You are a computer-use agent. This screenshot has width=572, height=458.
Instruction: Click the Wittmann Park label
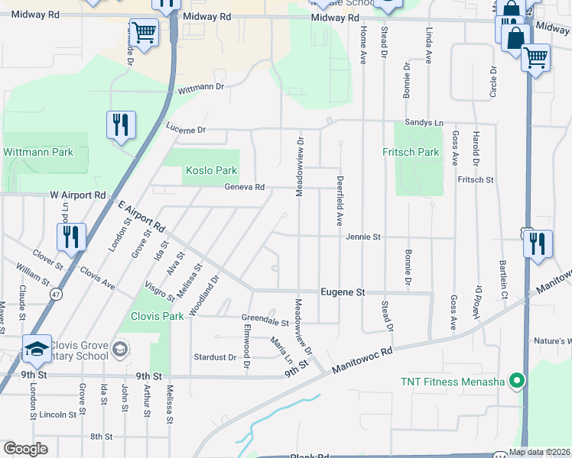pos(38,152)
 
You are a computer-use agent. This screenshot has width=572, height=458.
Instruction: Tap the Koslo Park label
pos(210,171)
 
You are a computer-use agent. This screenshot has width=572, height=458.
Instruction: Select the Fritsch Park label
pos(411,152)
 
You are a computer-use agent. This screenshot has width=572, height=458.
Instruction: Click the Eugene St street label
pos(343,292)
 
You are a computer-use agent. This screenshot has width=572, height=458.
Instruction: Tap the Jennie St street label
pos(362,237)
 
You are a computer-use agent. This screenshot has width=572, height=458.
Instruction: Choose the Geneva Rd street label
pos(244,187)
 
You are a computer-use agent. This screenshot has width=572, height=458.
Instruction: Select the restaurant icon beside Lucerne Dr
pos(121,125)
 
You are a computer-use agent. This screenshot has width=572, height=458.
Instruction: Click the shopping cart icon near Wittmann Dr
pos(143,33)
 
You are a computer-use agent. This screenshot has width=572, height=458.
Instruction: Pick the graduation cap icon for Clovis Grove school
pos(37,349)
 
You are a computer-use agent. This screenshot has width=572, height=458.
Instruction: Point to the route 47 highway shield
pos(56,292)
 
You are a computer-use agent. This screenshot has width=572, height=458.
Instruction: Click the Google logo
pos(25,449)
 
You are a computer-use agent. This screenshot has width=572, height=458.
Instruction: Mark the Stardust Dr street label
pos(215,356)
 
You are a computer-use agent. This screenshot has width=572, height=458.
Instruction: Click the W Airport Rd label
pos(79,195)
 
